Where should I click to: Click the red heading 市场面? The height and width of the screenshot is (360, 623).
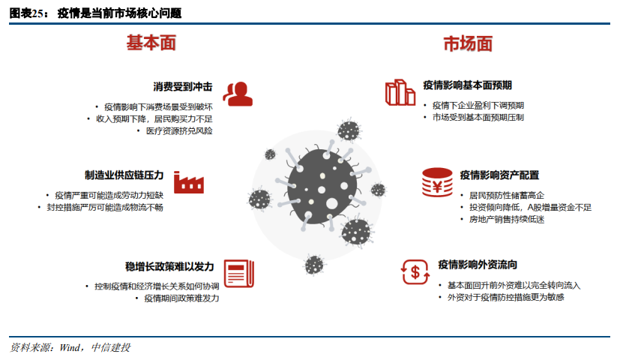coord(468,43)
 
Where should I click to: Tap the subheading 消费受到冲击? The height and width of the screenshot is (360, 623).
coord(182,87)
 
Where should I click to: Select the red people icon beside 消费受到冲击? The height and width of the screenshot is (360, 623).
coord(238,93)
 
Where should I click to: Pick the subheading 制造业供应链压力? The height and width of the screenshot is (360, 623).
coord(124,175)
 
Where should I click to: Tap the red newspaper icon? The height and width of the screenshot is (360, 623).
coord(239,271)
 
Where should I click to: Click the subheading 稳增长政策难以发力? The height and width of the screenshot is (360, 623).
coord(170,266)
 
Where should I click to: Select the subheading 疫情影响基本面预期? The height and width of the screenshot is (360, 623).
coord(468,85)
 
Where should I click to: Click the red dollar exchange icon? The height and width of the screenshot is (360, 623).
coord(414,270)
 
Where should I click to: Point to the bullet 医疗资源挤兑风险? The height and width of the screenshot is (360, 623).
coord(178,130)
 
